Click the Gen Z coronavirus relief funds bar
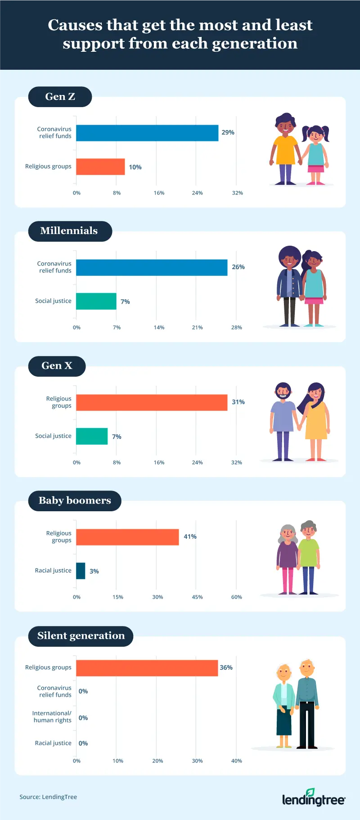pos(147,133)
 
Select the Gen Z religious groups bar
pos(100,167)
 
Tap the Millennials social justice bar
pos(96,301)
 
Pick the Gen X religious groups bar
pos(152,402)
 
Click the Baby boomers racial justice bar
pos(81,571)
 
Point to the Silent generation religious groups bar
pos(147,668)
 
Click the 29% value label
pos(228,132)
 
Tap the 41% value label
pos(190,536)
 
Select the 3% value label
pos(94,571)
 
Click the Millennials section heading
pos(69,231)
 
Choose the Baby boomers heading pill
pos(75,500)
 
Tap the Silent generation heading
pos(81,636)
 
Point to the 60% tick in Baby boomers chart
pos(236,597)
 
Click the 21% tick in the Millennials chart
pos(197,327)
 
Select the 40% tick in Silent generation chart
pos(236,761)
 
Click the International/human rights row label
pos(52,716)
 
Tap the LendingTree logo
pos(314,797)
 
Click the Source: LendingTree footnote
pos(48,797)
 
